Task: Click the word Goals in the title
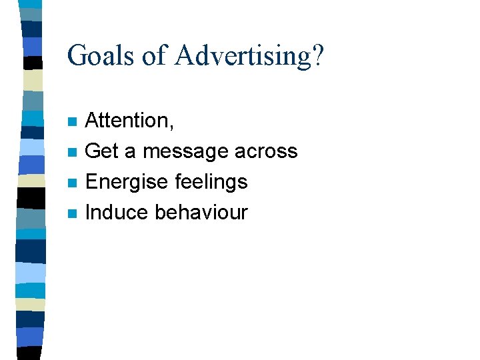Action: tap(101, 55)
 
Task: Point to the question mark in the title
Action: tap(317, 55)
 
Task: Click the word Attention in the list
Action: tap(127, 121)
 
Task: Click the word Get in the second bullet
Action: tap(102, 151)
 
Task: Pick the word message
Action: tap(186, 152)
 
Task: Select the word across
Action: tap(266, 152)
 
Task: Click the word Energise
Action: tap(126, 182)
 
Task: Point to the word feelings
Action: tap(210, 182)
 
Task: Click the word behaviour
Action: tap(201, 213)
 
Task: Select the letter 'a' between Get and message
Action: tap(131, 153)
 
